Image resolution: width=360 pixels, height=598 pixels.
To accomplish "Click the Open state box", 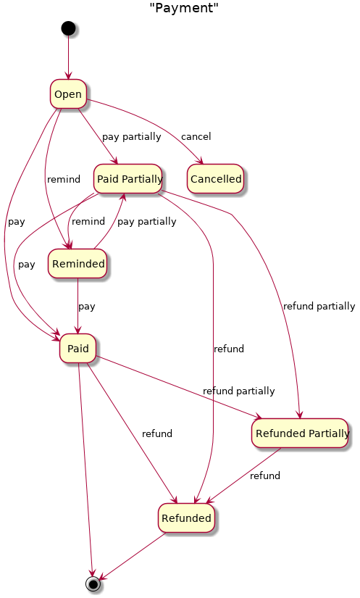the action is click(68, 94).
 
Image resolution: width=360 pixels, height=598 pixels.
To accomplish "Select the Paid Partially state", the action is click(128, 178).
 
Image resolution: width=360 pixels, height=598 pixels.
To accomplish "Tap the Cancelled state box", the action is click(216, 178).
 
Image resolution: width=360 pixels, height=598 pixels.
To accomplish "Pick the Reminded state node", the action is click(78, 264).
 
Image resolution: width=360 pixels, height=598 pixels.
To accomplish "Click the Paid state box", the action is click(78, 348).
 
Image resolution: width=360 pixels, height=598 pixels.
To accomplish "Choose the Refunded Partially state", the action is click(300, 433).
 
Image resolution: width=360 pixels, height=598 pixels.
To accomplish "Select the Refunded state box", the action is click(186, 518).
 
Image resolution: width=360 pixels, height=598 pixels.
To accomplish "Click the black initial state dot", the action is click(68, 28).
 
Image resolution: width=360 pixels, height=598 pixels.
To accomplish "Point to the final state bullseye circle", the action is click(93, 584).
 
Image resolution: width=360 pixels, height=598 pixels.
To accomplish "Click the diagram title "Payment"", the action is click(184, 8).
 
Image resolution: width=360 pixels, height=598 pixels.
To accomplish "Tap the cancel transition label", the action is click(196, 136).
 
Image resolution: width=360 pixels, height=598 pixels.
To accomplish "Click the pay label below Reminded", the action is click(86, 307).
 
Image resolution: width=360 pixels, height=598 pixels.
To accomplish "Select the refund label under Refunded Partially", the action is click(265, 476).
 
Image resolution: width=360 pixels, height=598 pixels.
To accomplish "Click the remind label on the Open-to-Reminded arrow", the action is click(64, 179).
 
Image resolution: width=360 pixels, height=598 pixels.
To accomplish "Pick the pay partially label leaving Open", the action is click(131, 137).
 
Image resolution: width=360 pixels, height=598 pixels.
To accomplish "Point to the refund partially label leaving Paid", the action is click(238, 391).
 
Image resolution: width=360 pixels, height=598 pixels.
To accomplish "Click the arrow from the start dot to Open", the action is click(69, 57).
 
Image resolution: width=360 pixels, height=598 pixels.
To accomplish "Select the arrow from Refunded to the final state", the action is click(132, 556).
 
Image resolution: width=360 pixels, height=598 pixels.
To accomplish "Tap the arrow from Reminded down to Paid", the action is click(78, 306).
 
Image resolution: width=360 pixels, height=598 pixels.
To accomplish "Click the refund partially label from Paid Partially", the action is click(319, 307).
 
